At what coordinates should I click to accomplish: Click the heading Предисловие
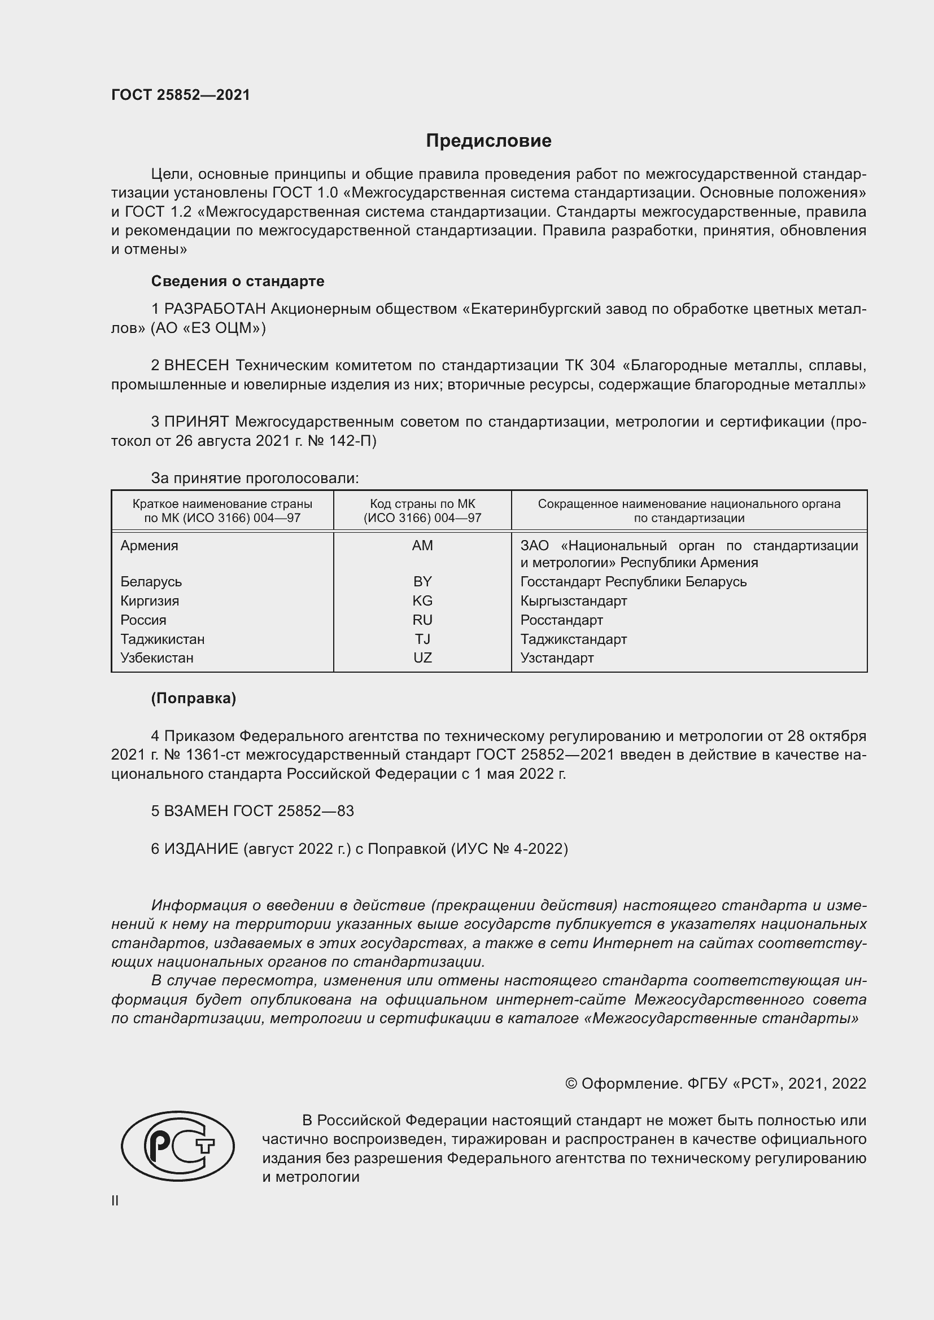pos(488,141)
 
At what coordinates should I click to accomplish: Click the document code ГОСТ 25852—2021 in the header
pos(181,95)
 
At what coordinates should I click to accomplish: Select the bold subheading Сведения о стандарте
pos(238,281)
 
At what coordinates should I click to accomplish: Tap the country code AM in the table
pos(422,546)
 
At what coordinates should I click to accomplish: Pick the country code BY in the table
pos(422,581)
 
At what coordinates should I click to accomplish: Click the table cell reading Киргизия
pos(150,601)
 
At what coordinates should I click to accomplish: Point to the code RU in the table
pos(422,620)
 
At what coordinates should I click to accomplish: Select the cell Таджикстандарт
pos(573,639)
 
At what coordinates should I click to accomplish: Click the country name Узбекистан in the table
pos(157,657)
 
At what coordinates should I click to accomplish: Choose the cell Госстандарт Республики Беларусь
pos(633,581)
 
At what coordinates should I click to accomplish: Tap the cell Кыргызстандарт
pos(573,601)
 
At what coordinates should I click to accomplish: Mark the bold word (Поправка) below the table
pos(193,698)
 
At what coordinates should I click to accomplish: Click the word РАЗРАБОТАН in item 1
pos(215,309)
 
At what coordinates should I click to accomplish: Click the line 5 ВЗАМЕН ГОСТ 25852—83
pos(252,810)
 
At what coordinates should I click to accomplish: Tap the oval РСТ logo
pos(178,1146)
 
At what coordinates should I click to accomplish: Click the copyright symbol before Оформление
pos(570,1084)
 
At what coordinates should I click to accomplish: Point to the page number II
pos(115,1200)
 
